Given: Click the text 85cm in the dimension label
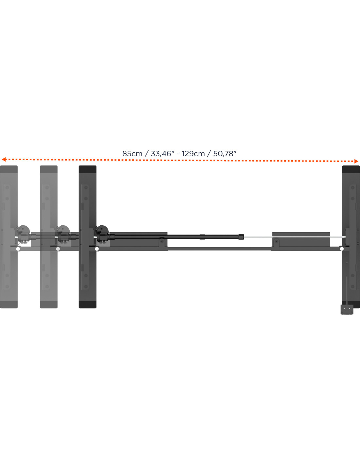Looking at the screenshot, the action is [132, 154].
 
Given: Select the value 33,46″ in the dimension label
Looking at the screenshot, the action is [161, 154].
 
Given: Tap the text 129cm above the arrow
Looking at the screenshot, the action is [193, 154].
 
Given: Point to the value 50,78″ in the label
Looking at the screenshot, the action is [225, 154].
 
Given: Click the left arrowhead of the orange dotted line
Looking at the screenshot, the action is [4, 159].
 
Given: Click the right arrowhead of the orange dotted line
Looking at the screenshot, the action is [356, 161].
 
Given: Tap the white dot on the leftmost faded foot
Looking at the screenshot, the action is [18, 249].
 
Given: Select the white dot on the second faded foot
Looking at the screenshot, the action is [58, 249].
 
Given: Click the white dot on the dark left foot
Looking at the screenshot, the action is [97, 249].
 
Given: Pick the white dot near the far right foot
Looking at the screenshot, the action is [342, 249].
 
